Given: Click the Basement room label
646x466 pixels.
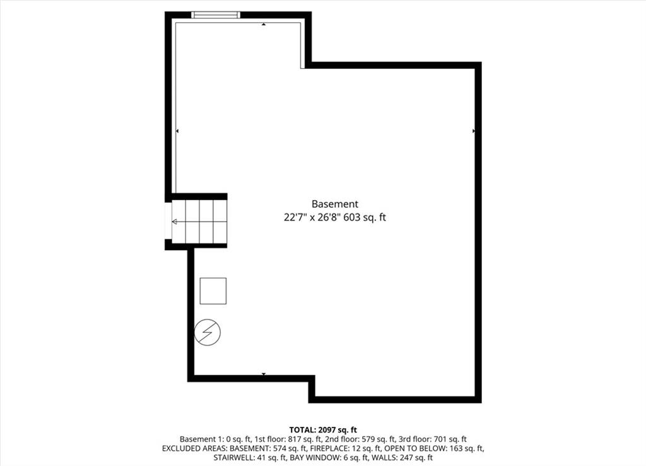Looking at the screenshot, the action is pyautogui.click(x=334, y=204).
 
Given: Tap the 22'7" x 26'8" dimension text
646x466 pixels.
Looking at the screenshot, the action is pyautogui.click(x=312, y=217).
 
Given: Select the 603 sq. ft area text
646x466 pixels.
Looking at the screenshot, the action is pyautogui.click(x=365, y=217).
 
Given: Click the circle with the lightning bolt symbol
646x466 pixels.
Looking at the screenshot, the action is pyautogui.click(x=207, y=332).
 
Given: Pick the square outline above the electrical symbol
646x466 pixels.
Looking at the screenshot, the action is pyautogui.click(x=213, y=290).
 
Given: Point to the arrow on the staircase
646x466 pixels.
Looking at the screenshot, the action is pyautogui.click(x=199, y=222).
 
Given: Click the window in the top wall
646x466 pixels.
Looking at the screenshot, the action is pyautogui.click(x=216, y=15).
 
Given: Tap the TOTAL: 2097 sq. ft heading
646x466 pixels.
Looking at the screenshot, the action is pyautogui.click(x=323, y=430).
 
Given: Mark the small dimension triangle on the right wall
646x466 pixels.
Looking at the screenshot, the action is pyautogui.click(x=474, y=131).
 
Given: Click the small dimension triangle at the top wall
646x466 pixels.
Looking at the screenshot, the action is pyautogui.click(x=264, y=25).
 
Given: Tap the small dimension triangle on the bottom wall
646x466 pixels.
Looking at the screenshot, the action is pyautogui.click(x=264, y=374).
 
